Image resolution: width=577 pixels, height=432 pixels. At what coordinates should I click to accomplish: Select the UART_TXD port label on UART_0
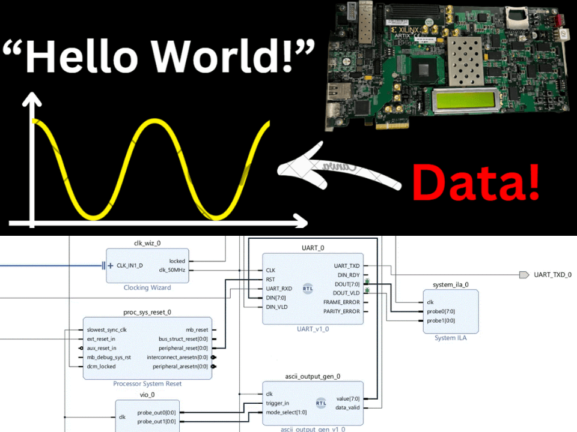[347, 265]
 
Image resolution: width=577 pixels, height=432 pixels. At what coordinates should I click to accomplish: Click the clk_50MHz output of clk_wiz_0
[172, 270]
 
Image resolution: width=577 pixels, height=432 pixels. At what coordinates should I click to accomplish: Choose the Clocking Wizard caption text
[147, 288]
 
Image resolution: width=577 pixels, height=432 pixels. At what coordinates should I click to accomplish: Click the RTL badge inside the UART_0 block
[308, 288]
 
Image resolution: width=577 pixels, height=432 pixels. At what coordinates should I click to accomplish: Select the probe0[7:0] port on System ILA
[441, 311]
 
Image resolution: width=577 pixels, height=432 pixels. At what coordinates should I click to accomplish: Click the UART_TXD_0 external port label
[552, 275]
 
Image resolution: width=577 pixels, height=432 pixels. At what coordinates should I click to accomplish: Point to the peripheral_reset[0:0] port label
[183, 348]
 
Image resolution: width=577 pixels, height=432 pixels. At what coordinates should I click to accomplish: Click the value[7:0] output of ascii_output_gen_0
[347, 398]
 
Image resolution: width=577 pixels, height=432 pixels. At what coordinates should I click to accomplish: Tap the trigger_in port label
[277, 403]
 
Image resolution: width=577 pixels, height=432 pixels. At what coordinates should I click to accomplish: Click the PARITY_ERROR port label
[341, 311]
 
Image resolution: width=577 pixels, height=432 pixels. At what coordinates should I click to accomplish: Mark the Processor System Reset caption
[147, 384]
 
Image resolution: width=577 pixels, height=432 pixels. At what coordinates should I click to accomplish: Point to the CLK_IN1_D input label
[130, 265]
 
